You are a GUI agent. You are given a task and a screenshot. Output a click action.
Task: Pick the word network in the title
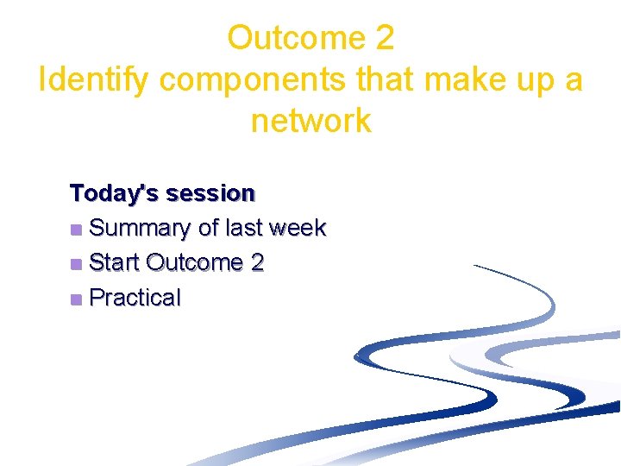(x=310, y=121)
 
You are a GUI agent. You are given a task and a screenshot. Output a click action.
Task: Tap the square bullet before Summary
(x=77, y=230)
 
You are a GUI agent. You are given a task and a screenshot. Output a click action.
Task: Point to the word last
(x=243, y=228)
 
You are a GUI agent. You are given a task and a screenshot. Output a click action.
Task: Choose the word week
(x=297, y=228)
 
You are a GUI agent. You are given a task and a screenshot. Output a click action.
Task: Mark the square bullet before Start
(x=77, y=264)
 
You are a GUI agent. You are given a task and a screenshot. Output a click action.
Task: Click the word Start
(x=115, y=262)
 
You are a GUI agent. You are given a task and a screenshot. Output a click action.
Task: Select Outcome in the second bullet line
(x=195, y=262)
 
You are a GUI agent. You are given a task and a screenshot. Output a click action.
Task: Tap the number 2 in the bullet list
(x=257, y=262)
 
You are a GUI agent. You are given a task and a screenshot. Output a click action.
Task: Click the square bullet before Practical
(x=77, y=299)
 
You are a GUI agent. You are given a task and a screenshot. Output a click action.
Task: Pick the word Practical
(x=135, y=298)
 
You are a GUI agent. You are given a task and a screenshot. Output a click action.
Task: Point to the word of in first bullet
(x=208, y=228)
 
